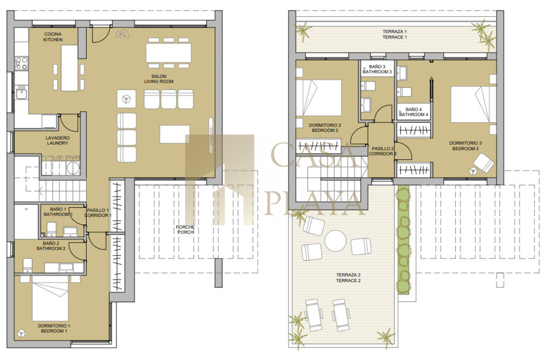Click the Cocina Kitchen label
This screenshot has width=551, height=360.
click(53, 37)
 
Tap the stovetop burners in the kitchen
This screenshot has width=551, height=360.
click(22, 63)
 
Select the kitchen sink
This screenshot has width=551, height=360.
click(21, 93)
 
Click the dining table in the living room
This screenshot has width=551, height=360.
click(168, 53)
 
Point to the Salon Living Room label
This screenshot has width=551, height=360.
click(159, 79)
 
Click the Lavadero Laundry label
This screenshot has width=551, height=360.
click(58, 140)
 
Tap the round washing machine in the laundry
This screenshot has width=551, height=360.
click(73, 167)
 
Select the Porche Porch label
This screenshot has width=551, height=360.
click(185, 230)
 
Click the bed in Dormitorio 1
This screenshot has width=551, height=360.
click(50, 298)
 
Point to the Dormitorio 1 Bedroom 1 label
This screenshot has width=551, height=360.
click(54, 328)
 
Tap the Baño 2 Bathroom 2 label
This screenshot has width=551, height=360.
click(51, 246)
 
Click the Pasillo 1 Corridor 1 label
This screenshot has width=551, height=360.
click(98, 213)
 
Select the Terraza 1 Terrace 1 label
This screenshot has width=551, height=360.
click(394, 34)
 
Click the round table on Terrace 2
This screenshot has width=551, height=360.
click(336, 241)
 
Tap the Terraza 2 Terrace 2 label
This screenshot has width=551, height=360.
click(348, 278)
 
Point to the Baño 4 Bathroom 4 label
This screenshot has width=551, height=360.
click(414, 112)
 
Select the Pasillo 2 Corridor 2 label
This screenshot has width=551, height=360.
click(383, 151)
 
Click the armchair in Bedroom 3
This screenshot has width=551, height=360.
click(484, 163)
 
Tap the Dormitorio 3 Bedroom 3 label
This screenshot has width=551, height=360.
click(465, 146)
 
